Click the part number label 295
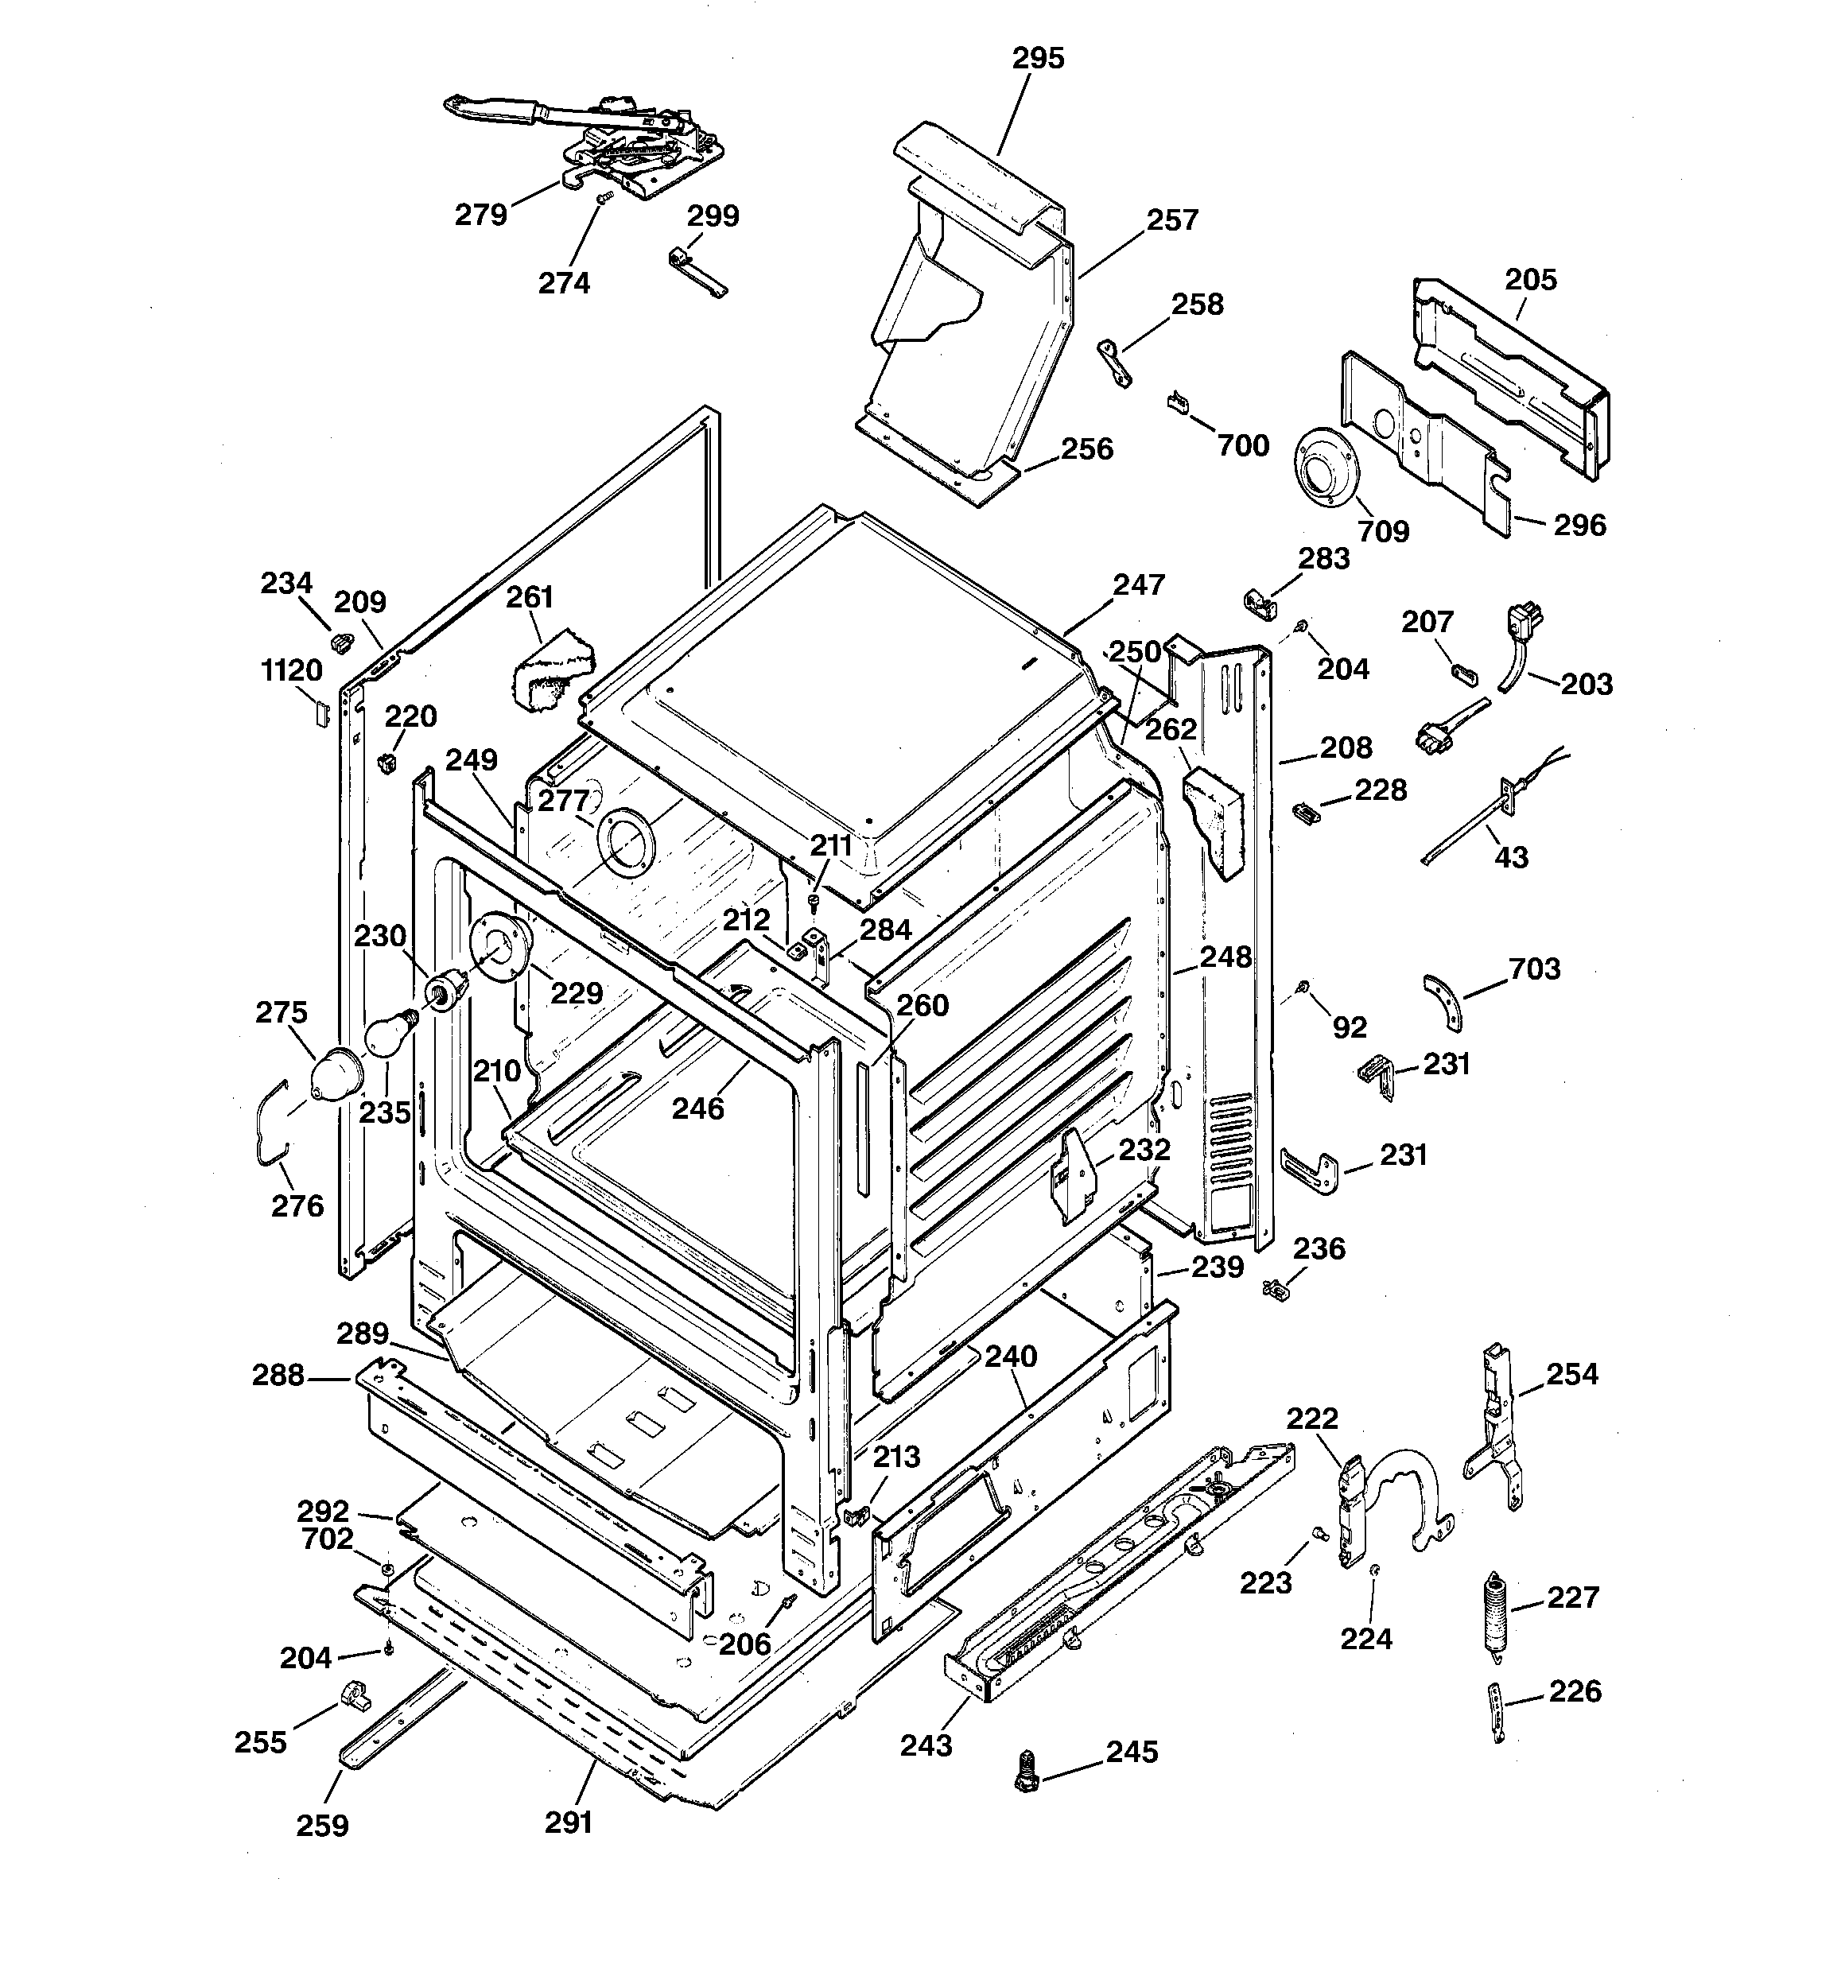[1037, 58]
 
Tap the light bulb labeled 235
[386, 1034]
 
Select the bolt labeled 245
[1027, 1769]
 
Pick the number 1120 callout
[291, 670]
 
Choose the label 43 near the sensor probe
[1510, 856]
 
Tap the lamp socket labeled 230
[445, 988]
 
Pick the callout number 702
[327, 1539]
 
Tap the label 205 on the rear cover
[1530, 279]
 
